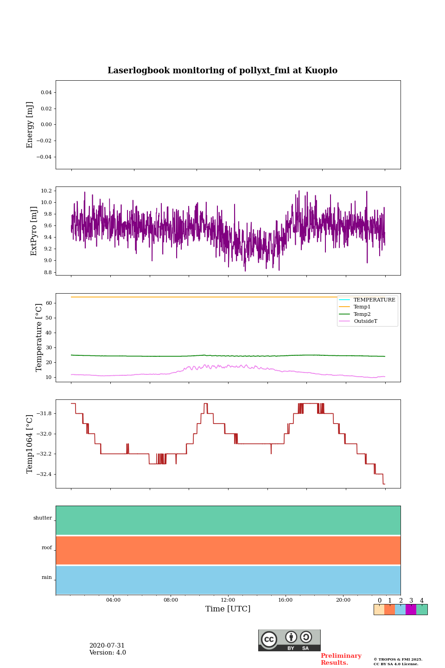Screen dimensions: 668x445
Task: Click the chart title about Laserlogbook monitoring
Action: (222, 71)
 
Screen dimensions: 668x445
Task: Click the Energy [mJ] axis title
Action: (30, 125)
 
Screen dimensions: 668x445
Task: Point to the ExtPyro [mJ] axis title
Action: (34, 231)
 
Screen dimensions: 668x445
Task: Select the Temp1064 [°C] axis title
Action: (30, 444)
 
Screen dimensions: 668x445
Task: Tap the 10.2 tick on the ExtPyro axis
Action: (46, 191)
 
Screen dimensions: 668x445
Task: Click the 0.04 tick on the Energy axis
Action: (46, 92)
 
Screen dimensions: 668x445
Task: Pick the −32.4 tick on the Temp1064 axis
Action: (44, 474)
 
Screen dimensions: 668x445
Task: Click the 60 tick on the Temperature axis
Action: (49, 303)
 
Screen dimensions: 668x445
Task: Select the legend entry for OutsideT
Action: (365, 321)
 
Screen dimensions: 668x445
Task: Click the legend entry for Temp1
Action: (362, 307)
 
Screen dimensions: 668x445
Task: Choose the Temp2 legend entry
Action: (362, 314)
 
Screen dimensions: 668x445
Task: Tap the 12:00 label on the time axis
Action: (228, 600)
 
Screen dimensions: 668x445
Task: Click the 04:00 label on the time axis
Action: (113, 600)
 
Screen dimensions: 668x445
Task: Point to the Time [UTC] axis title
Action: (228, 609)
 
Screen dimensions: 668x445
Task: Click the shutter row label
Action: (43, 518)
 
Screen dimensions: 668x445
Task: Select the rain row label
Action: (47, 578)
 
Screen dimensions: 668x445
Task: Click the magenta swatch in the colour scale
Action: (411, 610)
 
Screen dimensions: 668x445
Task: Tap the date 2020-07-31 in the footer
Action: (107, 645)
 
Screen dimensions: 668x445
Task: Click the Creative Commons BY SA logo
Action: (289, 640)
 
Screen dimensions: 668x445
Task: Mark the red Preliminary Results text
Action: (341, 659)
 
